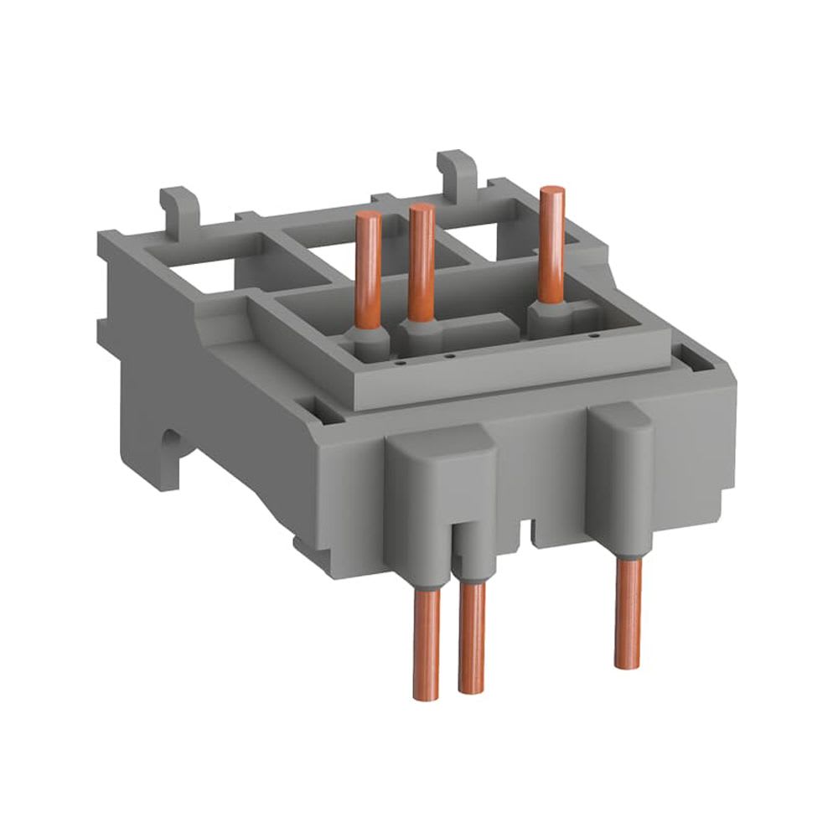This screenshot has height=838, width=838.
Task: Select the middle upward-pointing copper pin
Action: click(x=421, y=260)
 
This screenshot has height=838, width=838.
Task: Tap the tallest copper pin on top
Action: click(x=551, y=243)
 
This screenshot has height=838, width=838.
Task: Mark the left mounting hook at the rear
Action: click(x=177, y=209)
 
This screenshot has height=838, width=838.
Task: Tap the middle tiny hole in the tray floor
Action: click(x=450, y=356)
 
